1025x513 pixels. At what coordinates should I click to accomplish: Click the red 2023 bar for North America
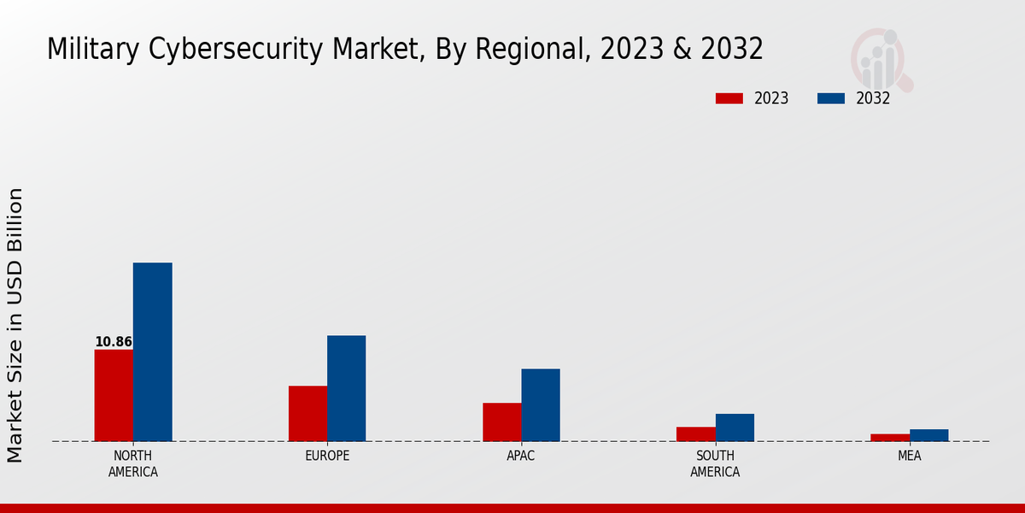(114, 395)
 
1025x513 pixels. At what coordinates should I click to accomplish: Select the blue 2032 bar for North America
(152, 351)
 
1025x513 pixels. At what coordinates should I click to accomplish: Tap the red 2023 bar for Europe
(307, 413)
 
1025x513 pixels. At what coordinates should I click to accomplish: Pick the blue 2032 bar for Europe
(346, 388)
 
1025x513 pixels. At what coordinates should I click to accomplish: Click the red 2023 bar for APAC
(501, 422)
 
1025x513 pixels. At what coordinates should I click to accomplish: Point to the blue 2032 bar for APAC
(541, 404)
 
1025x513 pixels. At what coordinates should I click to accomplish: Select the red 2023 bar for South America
(695, 433)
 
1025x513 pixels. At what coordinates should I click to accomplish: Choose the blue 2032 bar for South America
(735, 427)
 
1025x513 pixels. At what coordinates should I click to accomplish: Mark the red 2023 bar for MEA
(890, 437)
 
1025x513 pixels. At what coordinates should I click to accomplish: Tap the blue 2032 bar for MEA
(928, 435)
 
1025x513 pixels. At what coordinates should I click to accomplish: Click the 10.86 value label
(114, 342)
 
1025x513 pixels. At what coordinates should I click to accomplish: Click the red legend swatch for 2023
(729, 98)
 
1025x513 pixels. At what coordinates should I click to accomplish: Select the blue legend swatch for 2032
(830, 98)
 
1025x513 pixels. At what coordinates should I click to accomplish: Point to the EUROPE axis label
(327, 456)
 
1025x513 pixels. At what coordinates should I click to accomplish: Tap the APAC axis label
(521, 456)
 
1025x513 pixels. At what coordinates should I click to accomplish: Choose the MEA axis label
(910, 456)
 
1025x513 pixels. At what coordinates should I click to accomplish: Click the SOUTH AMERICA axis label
(715, 463)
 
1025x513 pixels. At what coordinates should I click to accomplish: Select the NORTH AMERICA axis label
(133, 463)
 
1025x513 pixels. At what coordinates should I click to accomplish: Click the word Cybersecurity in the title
(230, 50)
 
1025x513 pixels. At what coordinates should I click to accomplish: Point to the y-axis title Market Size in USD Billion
(15, 325)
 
